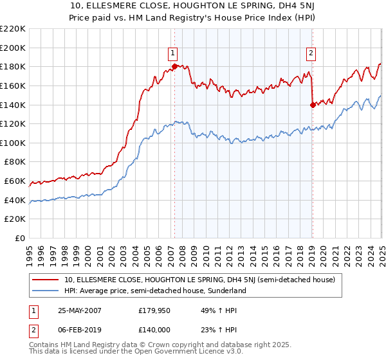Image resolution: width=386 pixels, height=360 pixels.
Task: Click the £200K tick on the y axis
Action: point(13,48)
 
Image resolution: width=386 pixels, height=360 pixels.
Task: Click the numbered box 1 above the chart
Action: point(174,53)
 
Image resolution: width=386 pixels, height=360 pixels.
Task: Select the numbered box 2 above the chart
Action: point(311,53)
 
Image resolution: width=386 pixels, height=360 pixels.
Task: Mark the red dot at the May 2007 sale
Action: point(174,66)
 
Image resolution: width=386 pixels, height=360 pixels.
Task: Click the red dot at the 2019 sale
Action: point(312,104)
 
